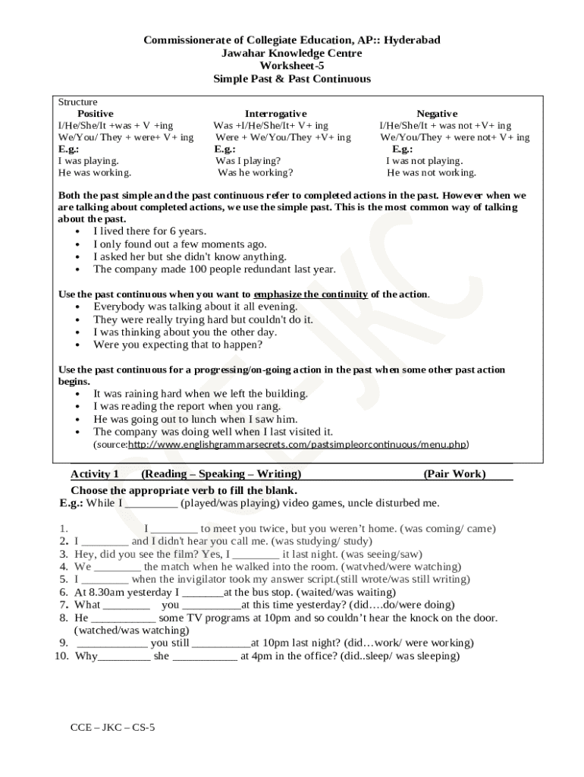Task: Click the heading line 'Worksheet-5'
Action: tap(292, 66)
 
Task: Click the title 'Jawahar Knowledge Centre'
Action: tap(292, 53)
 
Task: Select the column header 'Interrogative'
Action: tap(275, 113)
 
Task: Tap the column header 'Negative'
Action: tap(437, 113)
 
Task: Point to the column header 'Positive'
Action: tap(96, 113)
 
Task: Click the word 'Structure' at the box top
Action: tap(78, 102)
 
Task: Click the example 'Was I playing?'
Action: tap(248, 161)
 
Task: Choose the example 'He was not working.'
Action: tap(432, 172)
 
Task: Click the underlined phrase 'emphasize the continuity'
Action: tap(311, 294)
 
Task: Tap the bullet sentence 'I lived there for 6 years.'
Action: tap(149, 231)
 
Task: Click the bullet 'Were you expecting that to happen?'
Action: tap(177, 344)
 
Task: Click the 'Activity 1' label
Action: tap(95, 474)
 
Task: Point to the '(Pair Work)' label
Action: tap(454, 474)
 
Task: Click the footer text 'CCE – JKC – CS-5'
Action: tap(112, 727)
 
